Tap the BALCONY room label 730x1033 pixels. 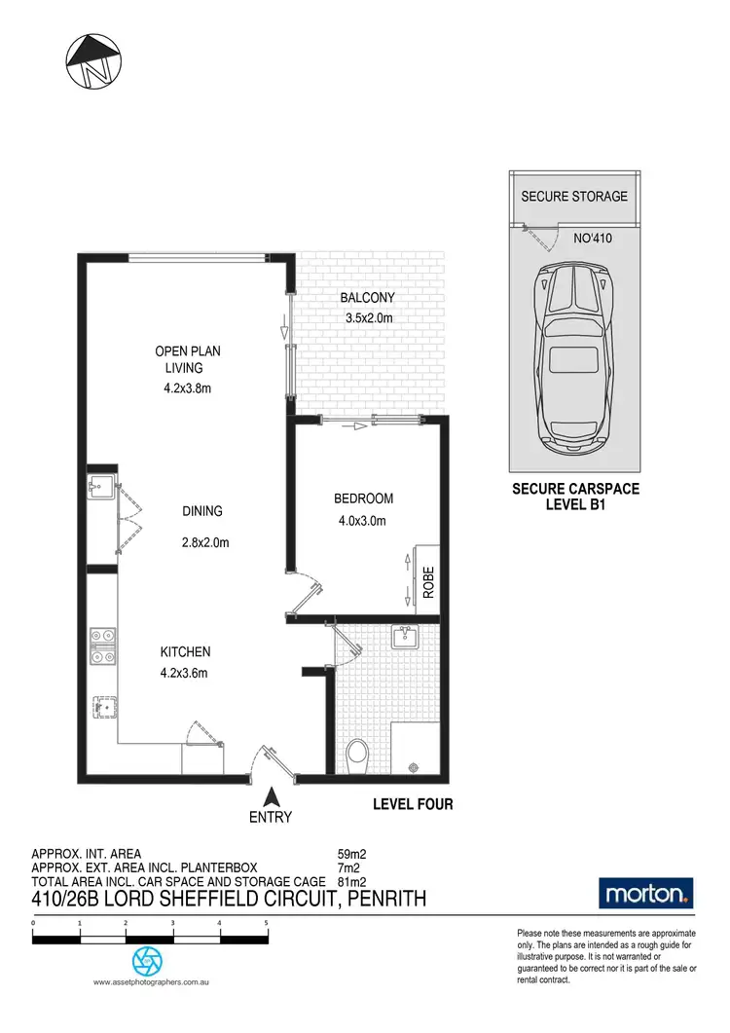coord(367,299)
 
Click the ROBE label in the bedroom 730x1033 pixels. coord(428,581)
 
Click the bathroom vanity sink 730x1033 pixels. coord(405,639)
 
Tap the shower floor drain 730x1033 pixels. coord(416,766)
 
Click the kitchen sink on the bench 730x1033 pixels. coord(103,708)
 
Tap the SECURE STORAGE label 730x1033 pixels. coord(574,196)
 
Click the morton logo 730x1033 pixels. coord(646,892)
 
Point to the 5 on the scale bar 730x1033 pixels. coord(266,921)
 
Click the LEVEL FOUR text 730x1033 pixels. coord(414,805)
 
